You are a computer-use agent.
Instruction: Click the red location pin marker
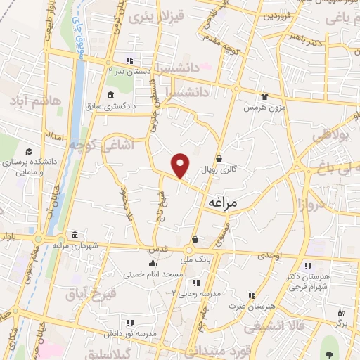(x=181, y=165)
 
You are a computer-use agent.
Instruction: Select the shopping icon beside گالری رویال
(x=219, y=158)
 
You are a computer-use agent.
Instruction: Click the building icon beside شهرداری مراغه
(x=75, y=234)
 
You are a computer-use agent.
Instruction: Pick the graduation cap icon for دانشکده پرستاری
(x=29, y=151)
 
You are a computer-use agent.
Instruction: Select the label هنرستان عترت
(x=249, y=307)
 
